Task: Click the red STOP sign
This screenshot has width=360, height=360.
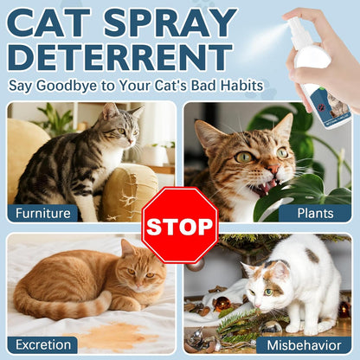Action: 179,226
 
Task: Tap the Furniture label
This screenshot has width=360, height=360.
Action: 42,213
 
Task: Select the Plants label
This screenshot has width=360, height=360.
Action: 316,213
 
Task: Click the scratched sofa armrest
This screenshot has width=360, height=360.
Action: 130,190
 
